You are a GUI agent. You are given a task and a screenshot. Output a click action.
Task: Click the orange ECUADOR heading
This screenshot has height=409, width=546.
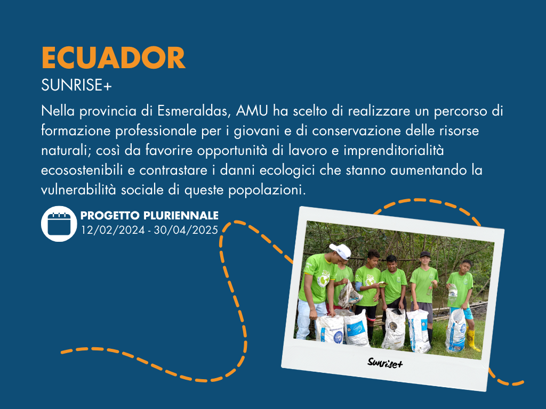113,58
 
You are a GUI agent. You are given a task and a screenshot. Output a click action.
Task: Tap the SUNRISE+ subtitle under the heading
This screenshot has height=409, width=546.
76,85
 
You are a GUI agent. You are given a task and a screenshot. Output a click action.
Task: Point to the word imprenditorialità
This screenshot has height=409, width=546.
394,151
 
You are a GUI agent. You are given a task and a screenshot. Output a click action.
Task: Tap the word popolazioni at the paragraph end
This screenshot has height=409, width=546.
267,191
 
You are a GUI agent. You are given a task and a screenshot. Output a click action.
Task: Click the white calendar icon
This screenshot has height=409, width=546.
59,224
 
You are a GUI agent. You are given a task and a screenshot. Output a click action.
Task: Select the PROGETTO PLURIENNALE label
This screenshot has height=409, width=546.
149,216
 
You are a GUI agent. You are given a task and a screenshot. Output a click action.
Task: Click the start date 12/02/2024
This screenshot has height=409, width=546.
113,230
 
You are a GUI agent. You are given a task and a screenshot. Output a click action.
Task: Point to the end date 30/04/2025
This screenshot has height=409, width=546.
186,230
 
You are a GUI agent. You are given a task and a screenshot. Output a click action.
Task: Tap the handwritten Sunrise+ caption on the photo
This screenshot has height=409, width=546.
385,363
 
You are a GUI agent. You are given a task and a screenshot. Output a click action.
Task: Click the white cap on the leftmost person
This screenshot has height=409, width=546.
341,251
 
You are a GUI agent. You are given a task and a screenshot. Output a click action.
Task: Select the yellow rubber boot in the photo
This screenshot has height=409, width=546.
472,340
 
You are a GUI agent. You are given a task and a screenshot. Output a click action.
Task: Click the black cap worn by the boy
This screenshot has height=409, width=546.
425,254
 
